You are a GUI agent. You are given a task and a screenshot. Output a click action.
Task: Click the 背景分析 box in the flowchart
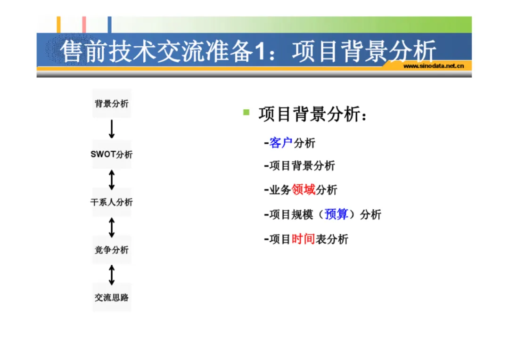tap(112, 104)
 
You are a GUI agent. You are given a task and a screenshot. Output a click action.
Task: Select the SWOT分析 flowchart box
tap(112, 155)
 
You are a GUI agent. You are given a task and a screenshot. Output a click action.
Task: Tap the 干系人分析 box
tap(112, 203)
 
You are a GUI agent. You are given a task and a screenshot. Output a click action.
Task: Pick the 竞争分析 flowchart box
tap(112, 250)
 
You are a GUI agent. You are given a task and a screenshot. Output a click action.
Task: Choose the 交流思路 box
tap(112, 297)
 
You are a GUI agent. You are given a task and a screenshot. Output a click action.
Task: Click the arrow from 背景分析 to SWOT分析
tap(112, 129)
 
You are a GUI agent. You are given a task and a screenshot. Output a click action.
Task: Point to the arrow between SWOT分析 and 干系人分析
tap(112, 179)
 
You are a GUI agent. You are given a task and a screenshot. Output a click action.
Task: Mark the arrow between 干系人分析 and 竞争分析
tap(112, 227)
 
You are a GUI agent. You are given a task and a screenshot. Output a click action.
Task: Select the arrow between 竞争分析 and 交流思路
tap(112, 274)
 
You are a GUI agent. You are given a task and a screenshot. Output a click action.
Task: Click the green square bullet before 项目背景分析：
tap(246, 112)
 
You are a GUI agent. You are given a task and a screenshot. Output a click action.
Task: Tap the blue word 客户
tap(281, 143)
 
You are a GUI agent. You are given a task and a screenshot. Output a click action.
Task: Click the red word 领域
tap(304, 190)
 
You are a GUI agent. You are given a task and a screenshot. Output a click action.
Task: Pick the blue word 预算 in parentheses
tap(337, 214)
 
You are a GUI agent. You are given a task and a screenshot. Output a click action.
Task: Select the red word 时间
tap(303, 239)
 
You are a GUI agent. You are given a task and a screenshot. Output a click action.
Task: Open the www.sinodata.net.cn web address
tap(434, 65)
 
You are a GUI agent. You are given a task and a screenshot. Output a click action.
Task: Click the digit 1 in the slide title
tap(259, 51)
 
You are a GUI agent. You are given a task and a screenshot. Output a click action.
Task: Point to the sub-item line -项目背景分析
tap(300, 166)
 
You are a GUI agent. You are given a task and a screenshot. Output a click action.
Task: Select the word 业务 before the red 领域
tap(280, 190)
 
